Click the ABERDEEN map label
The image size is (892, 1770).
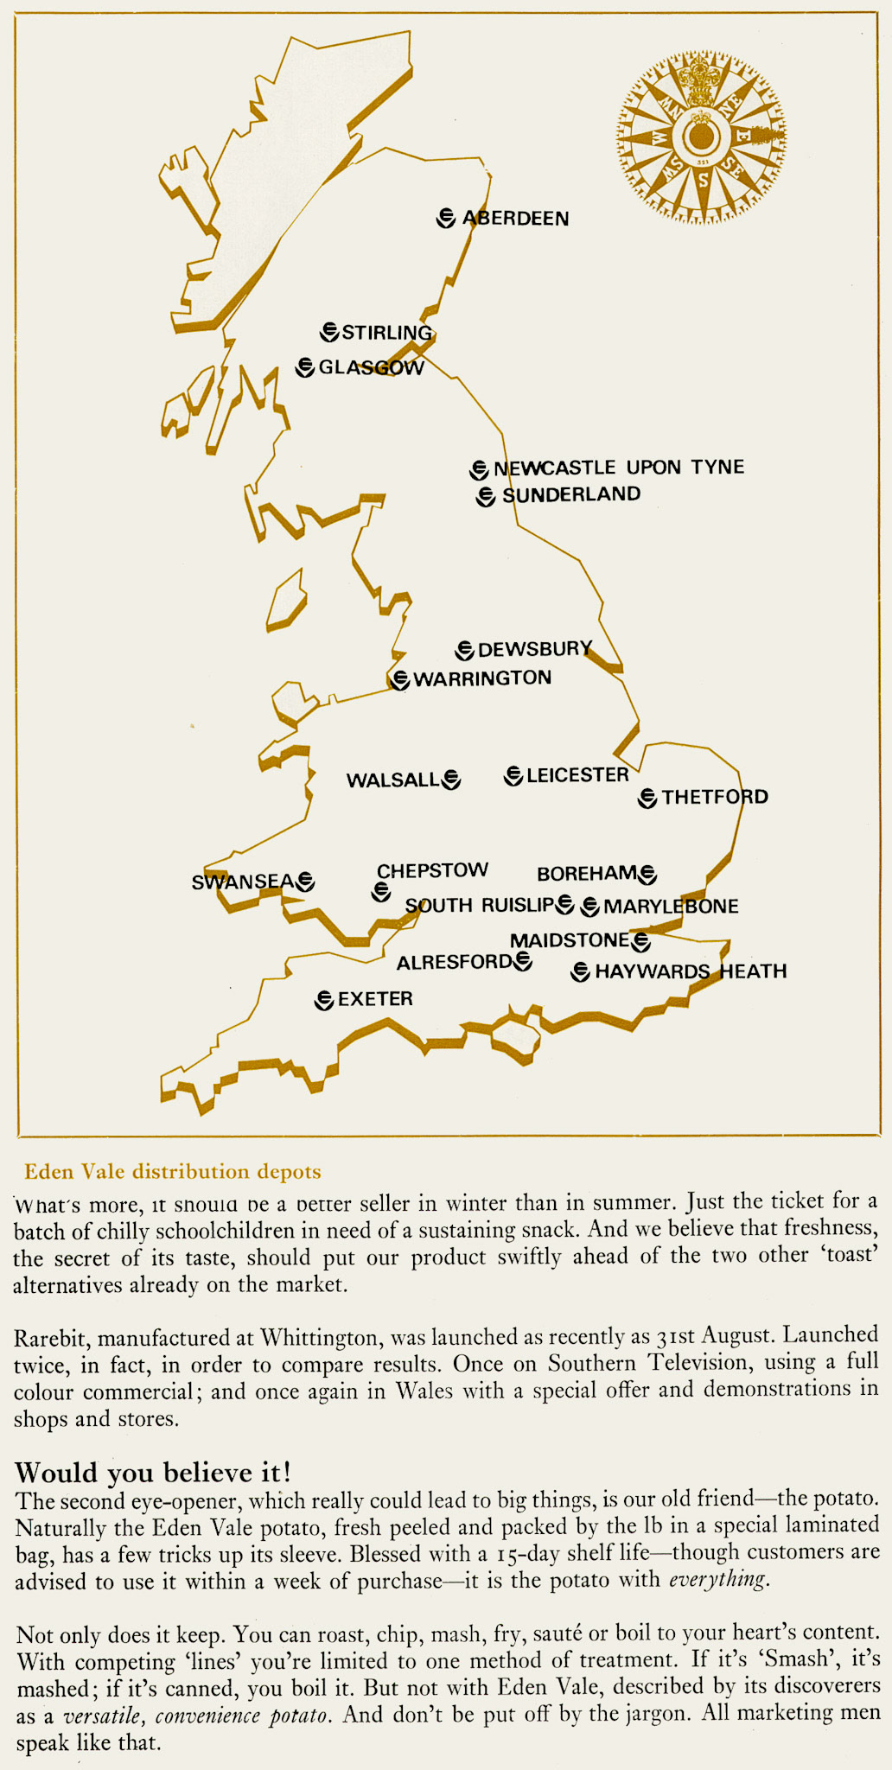point(516,218)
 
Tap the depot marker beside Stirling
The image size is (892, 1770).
point(329,332)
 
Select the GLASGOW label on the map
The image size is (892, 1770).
point(372,367)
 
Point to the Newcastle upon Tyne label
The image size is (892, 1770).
point(619,468)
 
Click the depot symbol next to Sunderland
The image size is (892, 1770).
point(487,496)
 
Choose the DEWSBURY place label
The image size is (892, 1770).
point(535,649)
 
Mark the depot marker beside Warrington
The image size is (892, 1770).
point(399,679)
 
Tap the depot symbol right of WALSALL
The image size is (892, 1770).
point(451,780)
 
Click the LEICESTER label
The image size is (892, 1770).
point(577,775)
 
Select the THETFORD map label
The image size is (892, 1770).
point(715,797)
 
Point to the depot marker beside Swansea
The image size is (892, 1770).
point(305,882)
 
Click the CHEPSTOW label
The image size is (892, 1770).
point(432,870)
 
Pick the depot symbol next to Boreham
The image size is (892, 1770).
point(647,875)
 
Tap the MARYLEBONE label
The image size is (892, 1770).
point(671,907)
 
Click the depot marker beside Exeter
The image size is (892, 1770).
point(324,1000)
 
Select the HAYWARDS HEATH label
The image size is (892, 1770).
point(691,971)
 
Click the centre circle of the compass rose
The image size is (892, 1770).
point(702,137)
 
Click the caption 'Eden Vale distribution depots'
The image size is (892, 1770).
point(173,1172)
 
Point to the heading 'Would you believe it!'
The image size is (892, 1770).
point(153,1471)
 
